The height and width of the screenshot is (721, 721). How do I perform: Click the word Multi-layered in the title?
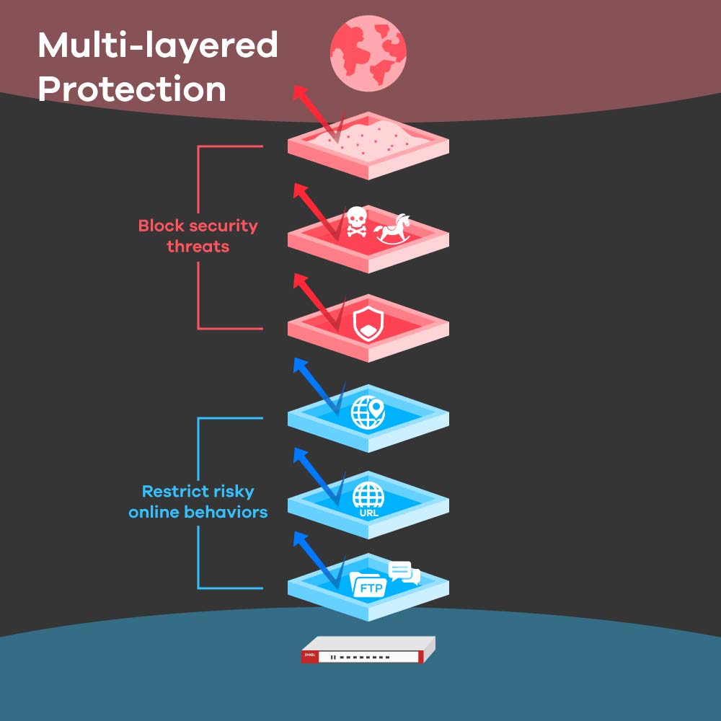pyautogui.click(x=157, y=46)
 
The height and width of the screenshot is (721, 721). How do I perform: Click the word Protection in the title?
pyautogui.click(x=132, y=89)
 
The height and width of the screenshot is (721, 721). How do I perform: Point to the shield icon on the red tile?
pyautogui.click(x=367, y=322)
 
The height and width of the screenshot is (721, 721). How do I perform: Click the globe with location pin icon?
pyautogui.click(x=368, y=412)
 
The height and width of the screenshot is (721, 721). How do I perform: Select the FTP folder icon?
pyautogui.click(x=367, y=583)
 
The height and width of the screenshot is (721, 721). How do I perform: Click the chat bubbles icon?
pyautogui.click(x=404, y=572)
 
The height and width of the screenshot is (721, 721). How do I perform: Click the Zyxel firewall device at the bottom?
pyautogui.click(x=368, y=649)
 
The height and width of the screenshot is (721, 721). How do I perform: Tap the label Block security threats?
pyautogui.click(x=198, y=236)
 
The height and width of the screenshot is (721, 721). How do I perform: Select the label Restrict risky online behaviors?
pyautogui.click(x=198, y=502)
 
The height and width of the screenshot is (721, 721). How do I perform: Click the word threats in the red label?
pyautogui.click(x=198, y=246)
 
